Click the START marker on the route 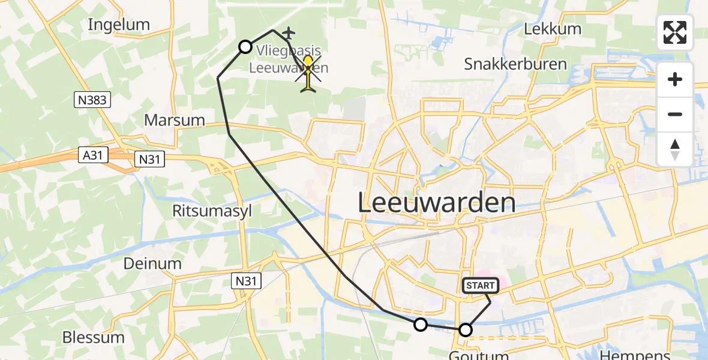click(480, 286)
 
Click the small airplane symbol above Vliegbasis click(289, 32)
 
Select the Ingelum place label click(119, 25)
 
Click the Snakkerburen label click(515, 64)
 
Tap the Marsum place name click(175, 120)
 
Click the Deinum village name click(152, 263)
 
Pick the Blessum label click(94, 337)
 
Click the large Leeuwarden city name click(437, 203)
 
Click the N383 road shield click(93, 100)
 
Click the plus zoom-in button click(676, 80)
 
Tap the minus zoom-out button click(676, 114)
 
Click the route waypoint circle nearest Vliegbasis click(245, 47)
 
